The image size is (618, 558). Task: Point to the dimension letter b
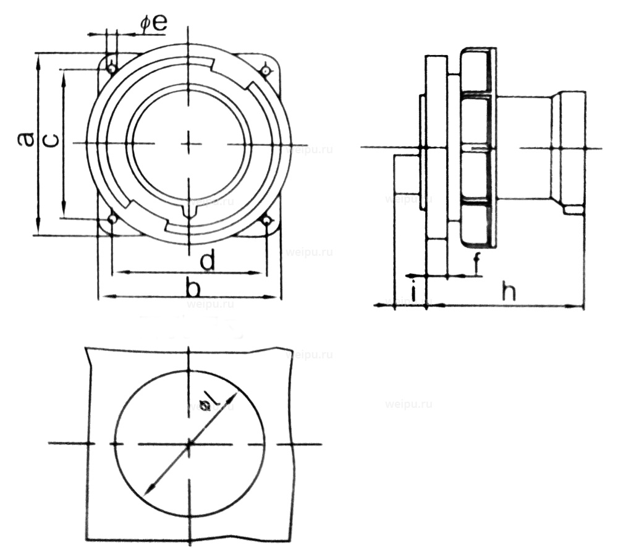[x=193, y=287]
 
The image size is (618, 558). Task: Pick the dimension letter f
[x=476, y=264]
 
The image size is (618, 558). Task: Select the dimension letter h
[x=508, y=292]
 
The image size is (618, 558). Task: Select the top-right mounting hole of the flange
[x=266, y=71]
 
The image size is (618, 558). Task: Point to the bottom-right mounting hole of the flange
[x=266, y=220]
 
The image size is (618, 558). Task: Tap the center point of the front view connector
[x=189, y=143]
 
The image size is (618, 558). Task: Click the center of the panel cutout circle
[x=189, y=443]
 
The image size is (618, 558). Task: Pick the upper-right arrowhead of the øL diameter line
[x=234, y=393]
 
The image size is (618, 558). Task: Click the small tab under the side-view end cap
[x=574, y=210]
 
